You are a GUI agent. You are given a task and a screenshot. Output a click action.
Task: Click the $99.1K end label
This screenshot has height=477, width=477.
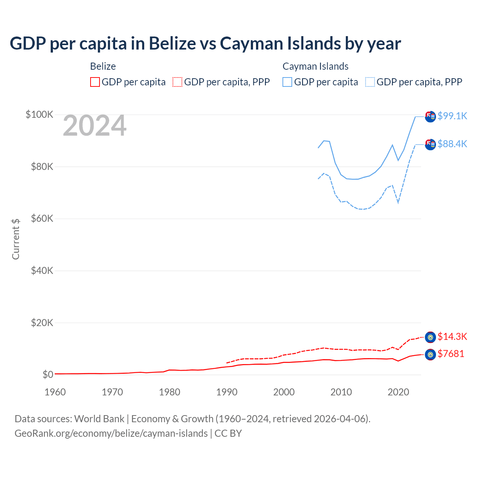452,116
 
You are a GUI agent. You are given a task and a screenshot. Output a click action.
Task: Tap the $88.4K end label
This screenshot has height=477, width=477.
452,144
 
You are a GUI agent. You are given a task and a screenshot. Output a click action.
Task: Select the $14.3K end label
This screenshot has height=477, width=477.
452,337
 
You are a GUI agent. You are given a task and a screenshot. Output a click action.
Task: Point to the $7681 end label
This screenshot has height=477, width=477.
451,354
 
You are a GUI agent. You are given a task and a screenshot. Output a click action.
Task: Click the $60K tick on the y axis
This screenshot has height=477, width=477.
42,218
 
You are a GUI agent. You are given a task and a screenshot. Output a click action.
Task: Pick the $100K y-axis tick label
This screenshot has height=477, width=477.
40,114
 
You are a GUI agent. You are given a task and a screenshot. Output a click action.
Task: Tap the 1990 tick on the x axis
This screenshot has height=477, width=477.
227,392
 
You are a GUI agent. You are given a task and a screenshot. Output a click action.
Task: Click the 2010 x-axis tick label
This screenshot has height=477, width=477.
341,392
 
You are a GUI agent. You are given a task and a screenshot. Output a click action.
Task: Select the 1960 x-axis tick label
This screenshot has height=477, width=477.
55,392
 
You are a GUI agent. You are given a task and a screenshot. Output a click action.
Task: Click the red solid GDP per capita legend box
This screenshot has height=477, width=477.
95,82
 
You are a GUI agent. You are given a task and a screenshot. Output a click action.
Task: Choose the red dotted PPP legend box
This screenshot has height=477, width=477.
177,82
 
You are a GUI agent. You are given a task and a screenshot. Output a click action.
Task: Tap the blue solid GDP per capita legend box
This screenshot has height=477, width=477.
287,82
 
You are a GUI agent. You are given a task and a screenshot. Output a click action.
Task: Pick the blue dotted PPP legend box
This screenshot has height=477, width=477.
370,82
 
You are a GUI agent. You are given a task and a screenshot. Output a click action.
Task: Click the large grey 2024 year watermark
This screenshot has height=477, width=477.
95,126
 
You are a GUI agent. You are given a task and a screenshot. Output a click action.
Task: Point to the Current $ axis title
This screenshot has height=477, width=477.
16,239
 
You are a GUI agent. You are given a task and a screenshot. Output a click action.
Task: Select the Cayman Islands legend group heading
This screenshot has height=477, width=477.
315,66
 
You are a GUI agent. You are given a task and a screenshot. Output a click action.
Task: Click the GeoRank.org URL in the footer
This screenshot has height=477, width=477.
111,433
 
